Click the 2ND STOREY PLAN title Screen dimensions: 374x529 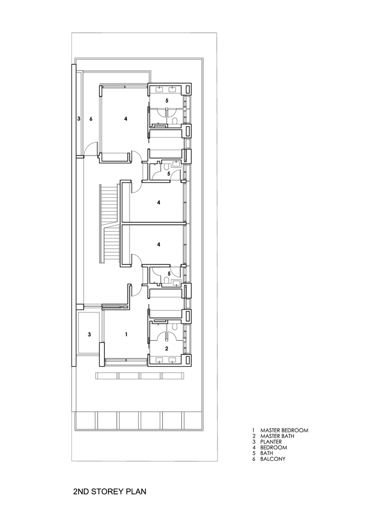110,491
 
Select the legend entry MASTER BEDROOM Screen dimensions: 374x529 284,430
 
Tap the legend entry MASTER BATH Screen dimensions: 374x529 277,436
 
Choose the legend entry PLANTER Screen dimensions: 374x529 271,442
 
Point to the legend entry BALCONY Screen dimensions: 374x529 272,459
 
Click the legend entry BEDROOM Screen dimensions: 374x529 273,448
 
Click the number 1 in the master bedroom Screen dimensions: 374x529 126,334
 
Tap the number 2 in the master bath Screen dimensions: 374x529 167,349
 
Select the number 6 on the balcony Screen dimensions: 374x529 90,118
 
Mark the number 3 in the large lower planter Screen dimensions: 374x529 89,335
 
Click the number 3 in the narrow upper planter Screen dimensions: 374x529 79,118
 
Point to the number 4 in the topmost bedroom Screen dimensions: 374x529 125,118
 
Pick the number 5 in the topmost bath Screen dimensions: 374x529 167,101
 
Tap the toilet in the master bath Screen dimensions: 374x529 175,326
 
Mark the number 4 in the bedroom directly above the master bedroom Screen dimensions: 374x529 159,244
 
